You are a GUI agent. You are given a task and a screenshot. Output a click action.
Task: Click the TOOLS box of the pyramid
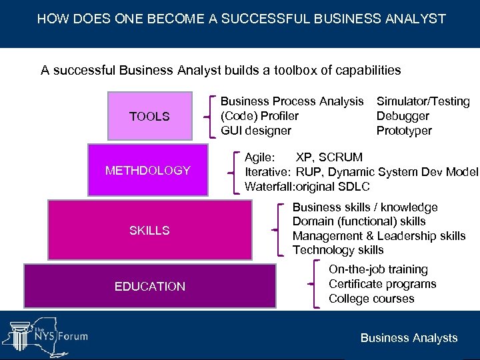149,116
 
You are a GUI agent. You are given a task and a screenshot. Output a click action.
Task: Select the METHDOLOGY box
148,170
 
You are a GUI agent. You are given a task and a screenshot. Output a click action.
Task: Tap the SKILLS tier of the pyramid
149,230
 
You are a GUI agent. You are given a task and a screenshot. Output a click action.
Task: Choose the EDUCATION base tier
149,286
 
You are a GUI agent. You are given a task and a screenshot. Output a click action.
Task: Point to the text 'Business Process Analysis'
292,101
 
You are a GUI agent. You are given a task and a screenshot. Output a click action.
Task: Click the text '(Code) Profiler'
259,116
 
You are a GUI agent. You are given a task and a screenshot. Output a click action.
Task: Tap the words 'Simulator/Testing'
423,101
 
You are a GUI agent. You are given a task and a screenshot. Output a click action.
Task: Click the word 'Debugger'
403,116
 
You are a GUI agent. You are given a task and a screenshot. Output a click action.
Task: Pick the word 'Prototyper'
404,131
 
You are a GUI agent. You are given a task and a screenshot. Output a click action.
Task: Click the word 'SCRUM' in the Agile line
341,157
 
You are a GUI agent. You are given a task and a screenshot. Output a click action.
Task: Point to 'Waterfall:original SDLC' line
307,187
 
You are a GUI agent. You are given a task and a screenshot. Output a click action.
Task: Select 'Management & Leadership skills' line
379,236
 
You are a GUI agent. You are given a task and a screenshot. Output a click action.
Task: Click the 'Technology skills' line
338,250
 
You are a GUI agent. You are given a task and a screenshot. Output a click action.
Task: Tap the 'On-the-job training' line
378,269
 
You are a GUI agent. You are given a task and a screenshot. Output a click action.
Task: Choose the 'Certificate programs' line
382,284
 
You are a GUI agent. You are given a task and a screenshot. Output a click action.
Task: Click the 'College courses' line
371,299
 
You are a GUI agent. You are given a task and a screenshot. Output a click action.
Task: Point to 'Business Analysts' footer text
409,338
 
